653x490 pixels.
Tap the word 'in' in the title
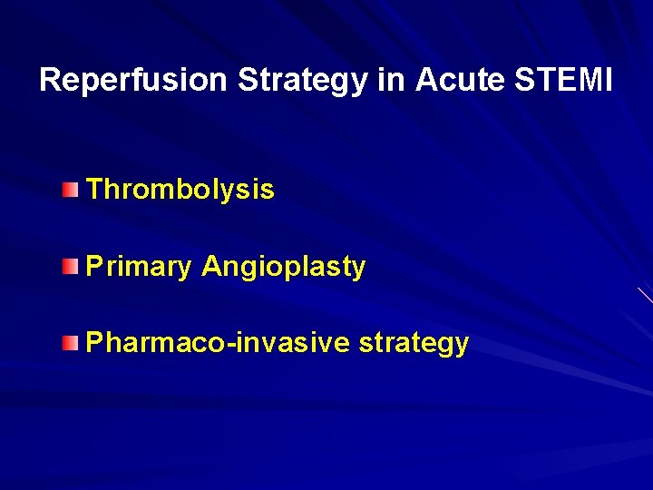point(391,81)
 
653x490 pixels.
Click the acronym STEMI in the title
point(563,81)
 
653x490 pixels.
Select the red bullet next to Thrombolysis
point(71,189)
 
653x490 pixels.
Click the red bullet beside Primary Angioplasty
point(71,266)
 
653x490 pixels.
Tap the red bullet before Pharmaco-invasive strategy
point(71,342)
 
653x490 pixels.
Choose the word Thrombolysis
point(180,190)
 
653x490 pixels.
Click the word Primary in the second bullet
point(139,267)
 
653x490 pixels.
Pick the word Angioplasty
point(283,267)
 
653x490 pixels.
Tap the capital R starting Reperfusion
point(50,81)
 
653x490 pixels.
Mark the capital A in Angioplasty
point(211,267)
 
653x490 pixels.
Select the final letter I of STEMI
point(609,81)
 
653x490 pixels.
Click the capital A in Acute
point(425,81)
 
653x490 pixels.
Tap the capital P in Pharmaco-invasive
point(93,343)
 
